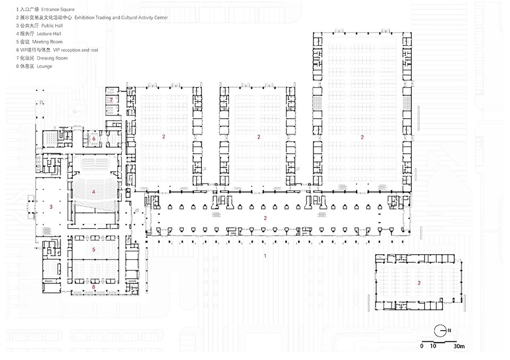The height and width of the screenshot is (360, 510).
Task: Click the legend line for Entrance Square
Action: tap(45, 10)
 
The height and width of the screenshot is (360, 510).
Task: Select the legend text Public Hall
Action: tap(39, 26)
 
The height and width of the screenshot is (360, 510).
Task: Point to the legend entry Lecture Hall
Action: tap(38, 34)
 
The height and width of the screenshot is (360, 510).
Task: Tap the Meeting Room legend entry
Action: tap(39, 41)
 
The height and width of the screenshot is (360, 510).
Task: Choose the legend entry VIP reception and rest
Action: tap(57, 50)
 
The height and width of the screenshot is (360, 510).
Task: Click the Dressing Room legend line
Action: tap(41, 58)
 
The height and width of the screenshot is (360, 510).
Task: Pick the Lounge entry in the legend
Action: tap(34, 66)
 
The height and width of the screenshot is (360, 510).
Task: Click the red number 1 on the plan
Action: tap(265, 256)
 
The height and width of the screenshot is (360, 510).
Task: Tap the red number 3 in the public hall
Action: tap(51, 207)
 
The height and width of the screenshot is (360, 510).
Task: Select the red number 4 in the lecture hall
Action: tap(93, 192)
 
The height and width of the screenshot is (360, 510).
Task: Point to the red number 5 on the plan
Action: tap(93, 249)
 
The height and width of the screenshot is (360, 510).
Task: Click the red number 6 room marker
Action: tap(94, 139)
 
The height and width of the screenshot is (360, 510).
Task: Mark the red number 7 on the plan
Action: tap(111, 99)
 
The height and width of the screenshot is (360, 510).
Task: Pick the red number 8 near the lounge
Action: tap(93, 287)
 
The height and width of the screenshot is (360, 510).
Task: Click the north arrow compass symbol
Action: tap(440, 331)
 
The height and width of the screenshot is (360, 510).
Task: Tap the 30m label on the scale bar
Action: tap(459, 346)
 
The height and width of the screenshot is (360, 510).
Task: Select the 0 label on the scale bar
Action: tap(422, 346)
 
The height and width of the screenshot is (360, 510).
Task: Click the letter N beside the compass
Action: tap(449, 330)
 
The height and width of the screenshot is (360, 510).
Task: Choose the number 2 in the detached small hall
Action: tap(419, 283)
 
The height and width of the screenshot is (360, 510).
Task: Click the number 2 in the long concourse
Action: tap(265, 218)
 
